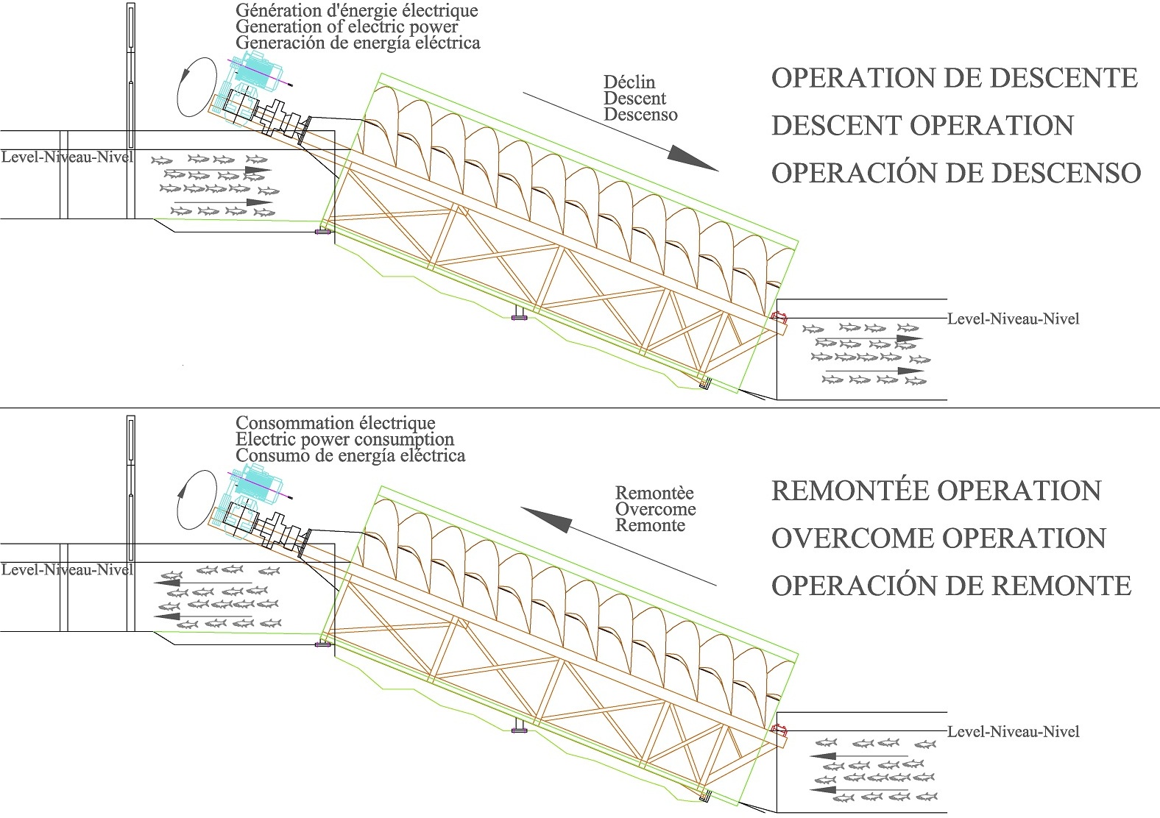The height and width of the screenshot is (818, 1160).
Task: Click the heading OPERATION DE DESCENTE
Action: click(954, 78)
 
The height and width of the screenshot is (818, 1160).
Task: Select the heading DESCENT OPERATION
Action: click(922, 126)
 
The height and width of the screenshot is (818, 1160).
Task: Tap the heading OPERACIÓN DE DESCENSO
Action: click(955, 173)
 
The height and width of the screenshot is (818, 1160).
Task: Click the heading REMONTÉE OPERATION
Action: click(936, 491)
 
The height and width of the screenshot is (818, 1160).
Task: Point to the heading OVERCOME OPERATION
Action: click(938, 538)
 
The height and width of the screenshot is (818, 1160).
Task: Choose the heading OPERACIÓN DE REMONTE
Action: click(951, 586)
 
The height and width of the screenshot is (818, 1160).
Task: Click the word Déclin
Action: click(629, 82)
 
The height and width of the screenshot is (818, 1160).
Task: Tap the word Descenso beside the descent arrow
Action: click(640, 115)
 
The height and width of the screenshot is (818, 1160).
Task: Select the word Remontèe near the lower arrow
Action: click(654, 493)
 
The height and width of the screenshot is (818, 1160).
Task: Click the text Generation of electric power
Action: click(346, 26)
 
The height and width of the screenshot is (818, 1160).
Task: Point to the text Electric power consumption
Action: click(344, 439)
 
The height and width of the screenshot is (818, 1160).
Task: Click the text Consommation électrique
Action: click(335, 423)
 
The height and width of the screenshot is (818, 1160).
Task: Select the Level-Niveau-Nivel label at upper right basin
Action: click(1013, 319)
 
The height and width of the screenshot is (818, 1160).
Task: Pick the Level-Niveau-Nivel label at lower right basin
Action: click(1013, 732)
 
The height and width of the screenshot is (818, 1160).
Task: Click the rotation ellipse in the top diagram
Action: click(196, 88)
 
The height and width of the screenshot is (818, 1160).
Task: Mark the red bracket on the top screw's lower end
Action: click(778, 317)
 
